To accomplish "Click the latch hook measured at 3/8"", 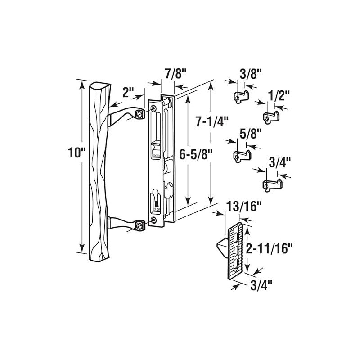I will pyautogui.click(x=243, y=96).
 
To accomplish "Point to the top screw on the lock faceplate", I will pyautogui.click(x=154, y=108).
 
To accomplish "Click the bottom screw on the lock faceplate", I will pyautogui.click(x=155, y=220).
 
